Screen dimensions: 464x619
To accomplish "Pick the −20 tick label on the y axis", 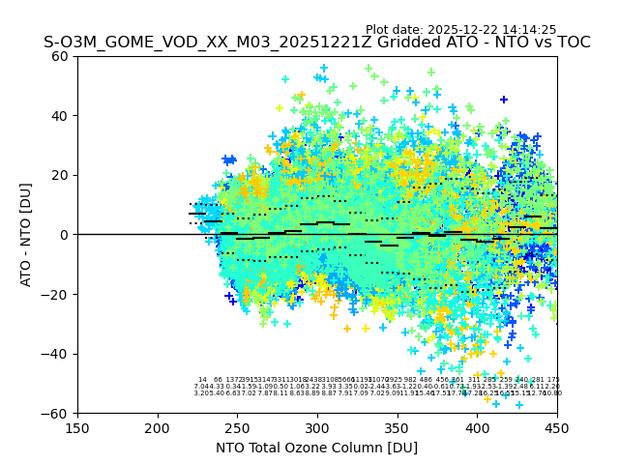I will [58, 294].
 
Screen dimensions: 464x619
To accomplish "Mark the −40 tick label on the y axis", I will [58, 354].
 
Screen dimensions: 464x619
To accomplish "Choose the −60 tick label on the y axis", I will [58, 413].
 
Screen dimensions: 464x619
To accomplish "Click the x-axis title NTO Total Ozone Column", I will [316, 448].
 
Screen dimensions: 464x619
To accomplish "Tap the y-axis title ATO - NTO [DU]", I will [26, 235].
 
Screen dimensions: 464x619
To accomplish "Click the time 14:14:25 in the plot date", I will [526, 30].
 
